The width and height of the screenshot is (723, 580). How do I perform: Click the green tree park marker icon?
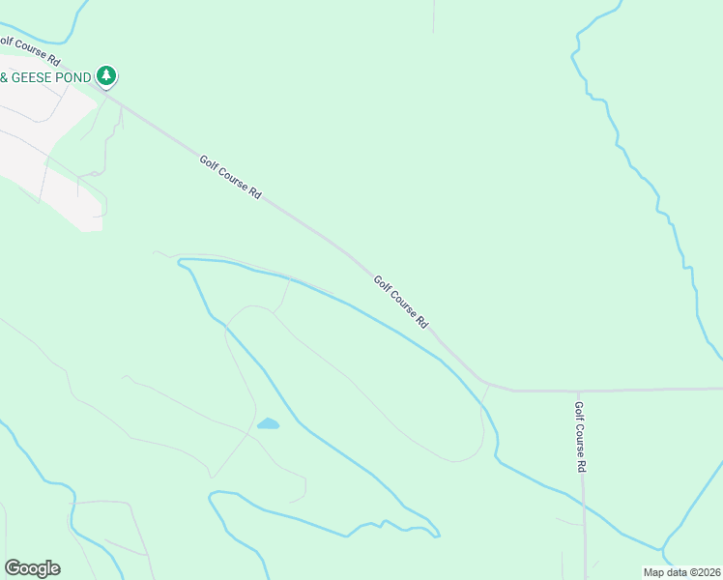pos(106,75)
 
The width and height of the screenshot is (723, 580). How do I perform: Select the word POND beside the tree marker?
pos(78,76)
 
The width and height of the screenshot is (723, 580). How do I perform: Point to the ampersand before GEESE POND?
pos(5,76)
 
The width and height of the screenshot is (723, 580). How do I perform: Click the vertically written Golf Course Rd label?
pos(580,437)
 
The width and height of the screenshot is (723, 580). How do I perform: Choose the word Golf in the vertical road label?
pos(579,412)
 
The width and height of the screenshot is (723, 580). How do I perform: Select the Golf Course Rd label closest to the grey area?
pos(230,177)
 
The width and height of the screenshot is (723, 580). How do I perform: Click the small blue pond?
pos(268,423)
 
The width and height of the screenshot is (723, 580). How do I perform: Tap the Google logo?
pos(32,568)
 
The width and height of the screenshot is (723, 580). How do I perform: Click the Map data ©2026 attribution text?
pos(680,572)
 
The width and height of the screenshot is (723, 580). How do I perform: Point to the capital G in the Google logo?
pos(13,568)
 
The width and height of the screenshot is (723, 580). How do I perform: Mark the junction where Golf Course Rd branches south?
pos(580,391)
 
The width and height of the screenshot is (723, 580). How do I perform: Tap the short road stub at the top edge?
pos(434,14)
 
